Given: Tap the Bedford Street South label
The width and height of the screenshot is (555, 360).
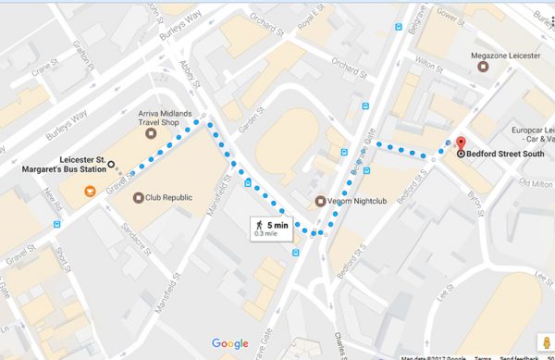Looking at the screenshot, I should pos(505,154).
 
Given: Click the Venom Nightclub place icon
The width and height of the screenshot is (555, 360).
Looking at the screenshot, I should pos(320,202).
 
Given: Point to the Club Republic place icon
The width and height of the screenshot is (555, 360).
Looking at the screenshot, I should pos(139,197).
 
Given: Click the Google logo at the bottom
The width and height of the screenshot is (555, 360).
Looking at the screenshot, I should pos(229,344).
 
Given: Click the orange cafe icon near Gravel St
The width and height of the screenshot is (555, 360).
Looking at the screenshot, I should pos(90,191).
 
